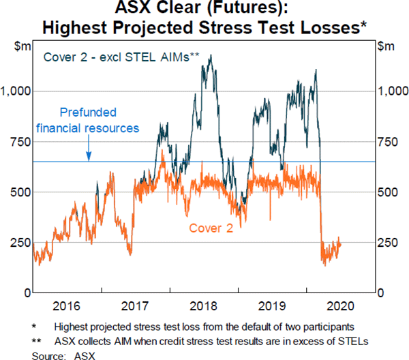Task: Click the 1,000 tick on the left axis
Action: pyautogui.click(x=16, y=91)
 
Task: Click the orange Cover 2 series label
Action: pyautogui.click(x=211, y=228)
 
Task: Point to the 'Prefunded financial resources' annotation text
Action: pyautogui.click(x=88, y=120)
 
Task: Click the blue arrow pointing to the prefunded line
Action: pyautogui.click(x=89, y=155)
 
